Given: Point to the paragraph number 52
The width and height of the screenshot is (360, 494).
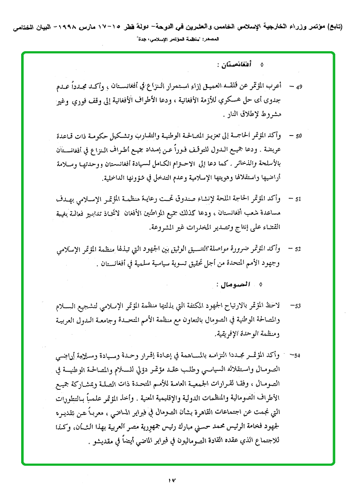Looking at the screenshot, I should [x=298, y=249].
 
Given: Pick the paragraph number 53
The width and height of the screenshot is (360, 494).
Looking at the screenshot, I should [x=298, y=305].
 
